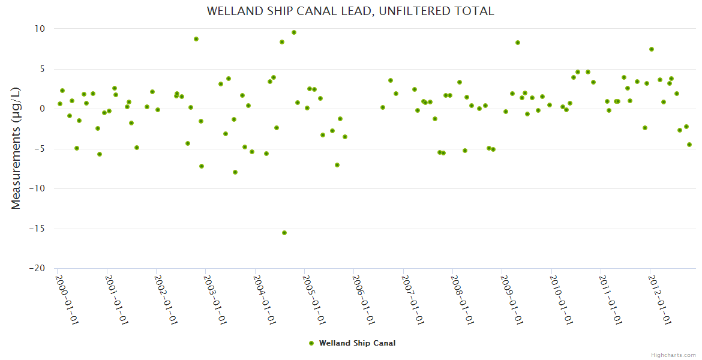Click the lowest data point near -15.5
[x=284, y=233]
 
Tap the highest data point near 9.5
[x=294, y=32]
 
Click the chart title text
[x=350, y=11]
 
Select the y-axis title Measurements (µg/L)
[x=16, y=149]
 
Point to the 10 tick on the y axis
[x=40, y=29]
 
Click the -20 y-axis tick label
[x=37, y=269]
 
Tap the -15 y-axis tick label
[x=37, y=229]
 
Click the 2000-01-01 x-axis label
[x=67, y=300]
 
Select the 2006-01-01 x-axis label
[x=364, y=300]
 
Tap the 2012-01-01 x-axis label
[x=661, y=300]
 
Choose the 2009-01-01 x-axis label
[x=513, y=300]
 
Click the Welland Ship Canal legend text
[x=357, y=343]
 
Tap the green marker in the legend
[x=311, y=343]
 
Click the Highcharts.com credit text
[x=673, y=355]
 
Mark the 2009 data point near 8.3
[x=518, y=43]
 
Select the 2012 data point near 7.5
[x=652, y=49]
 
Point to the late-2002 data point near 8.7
[x=196, y=39]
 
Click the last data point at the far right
[x=689, y=145]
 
